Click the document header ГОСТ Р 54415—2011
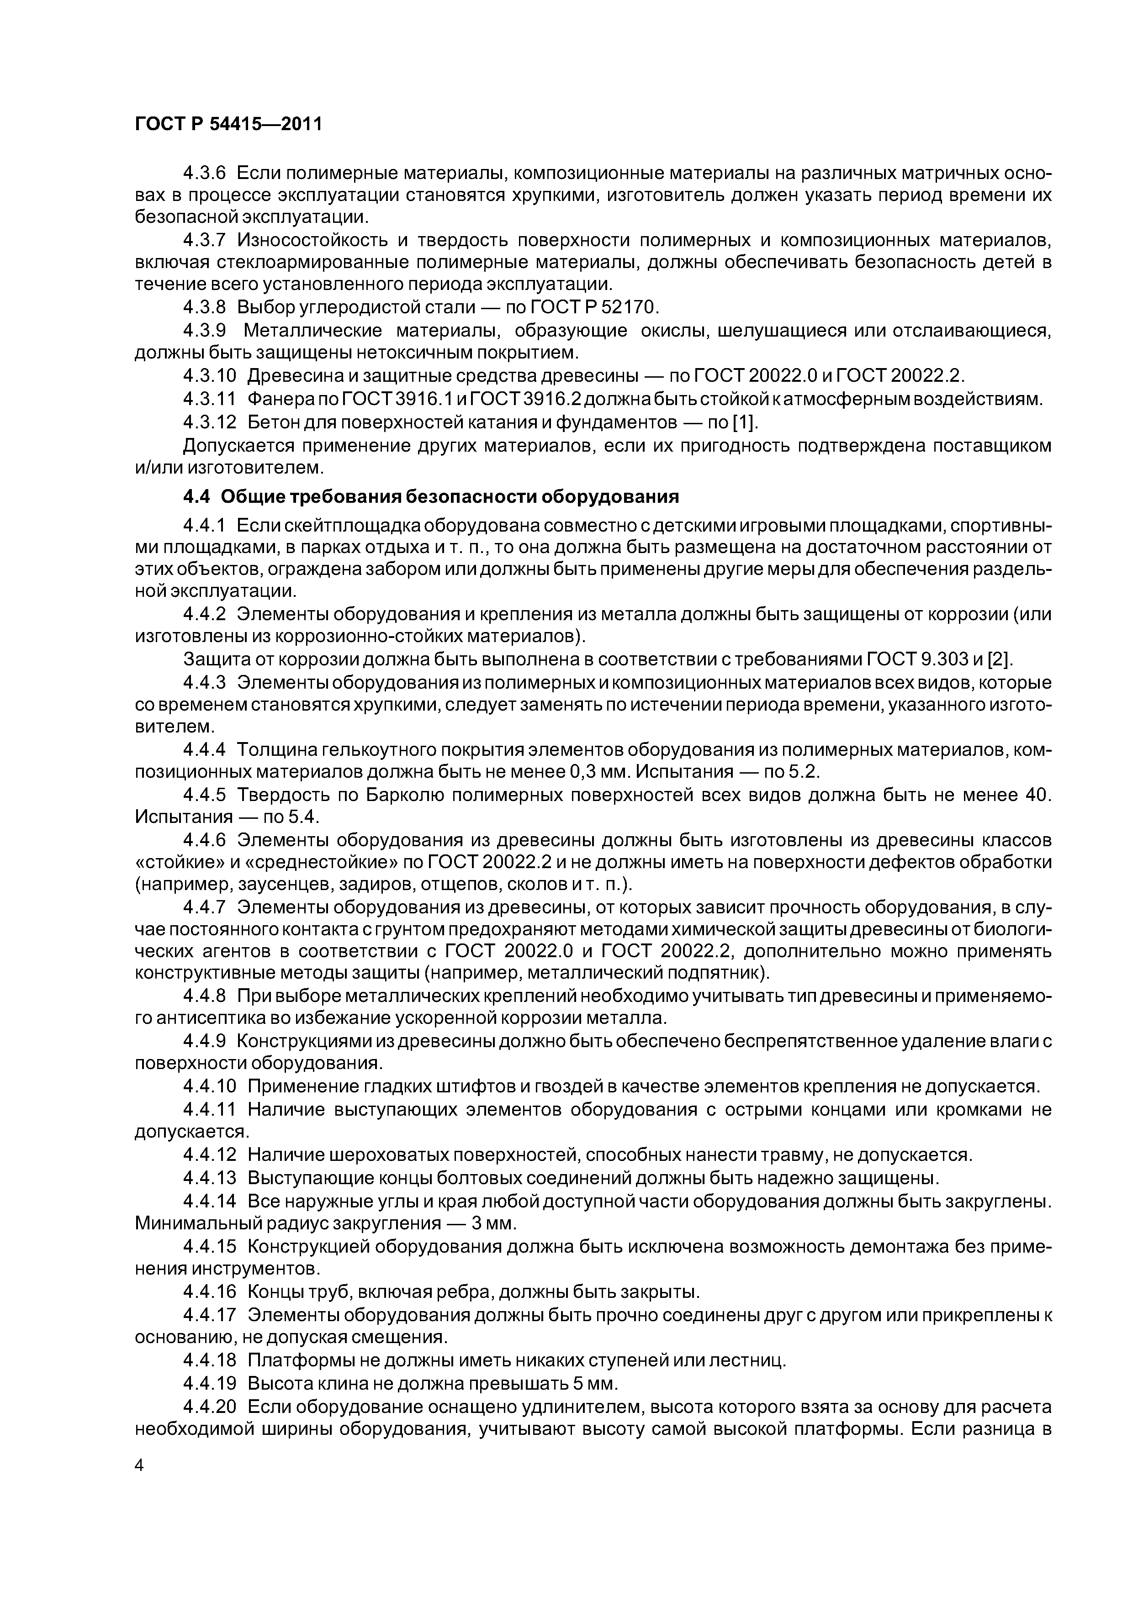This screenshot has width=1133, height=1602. pyautogui.click(x=228, y=124)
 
